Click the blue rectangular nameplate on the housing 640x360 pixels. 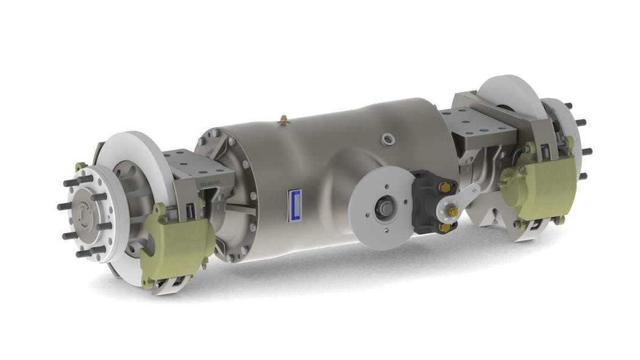pos(296,205)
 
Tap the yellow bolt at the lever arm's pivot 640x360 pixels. pos(454,212)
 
